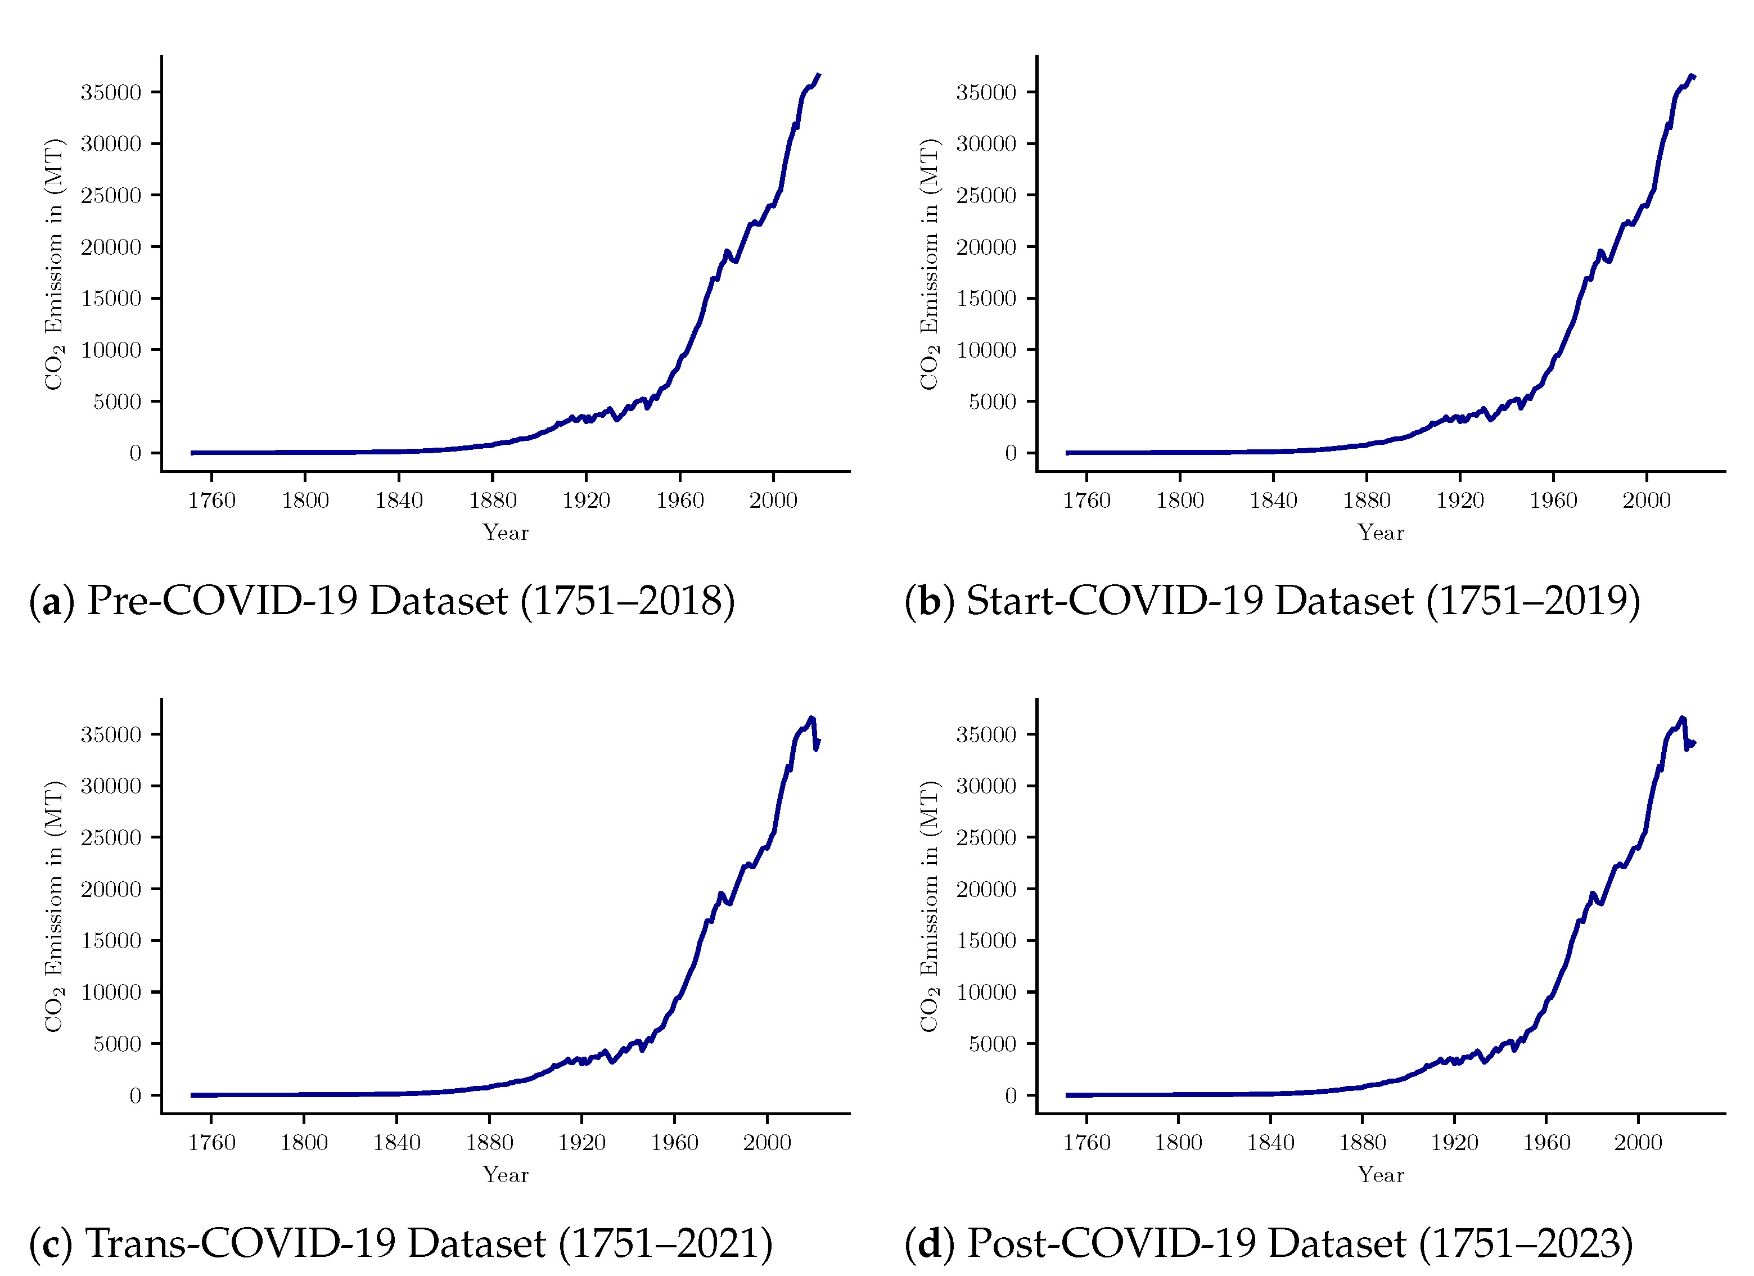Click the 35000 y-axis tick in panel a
click(111, 93)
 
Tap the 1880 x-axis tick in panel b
click(1367, 501)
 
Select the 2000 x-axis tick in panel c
click(766, 1142)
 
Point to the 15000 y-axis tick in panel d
click(986, 940)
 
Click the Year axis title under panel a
click(505, 533)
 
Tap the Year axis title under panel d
click(1381, 1175)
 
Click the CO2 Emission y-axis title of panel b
click(929, 264)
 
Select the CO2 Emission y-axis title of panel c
click(53, 907)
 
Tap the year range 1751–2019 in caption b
click(1533, 601)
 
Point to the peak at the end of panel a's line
click(818, 76)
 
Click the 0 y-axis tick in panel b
click(1010, 453)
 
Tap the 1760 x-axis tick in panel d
click(1086, 1142)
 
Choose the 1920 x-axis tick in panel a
click(585, 501)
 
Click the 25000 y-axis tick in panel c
click(111, 837)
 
